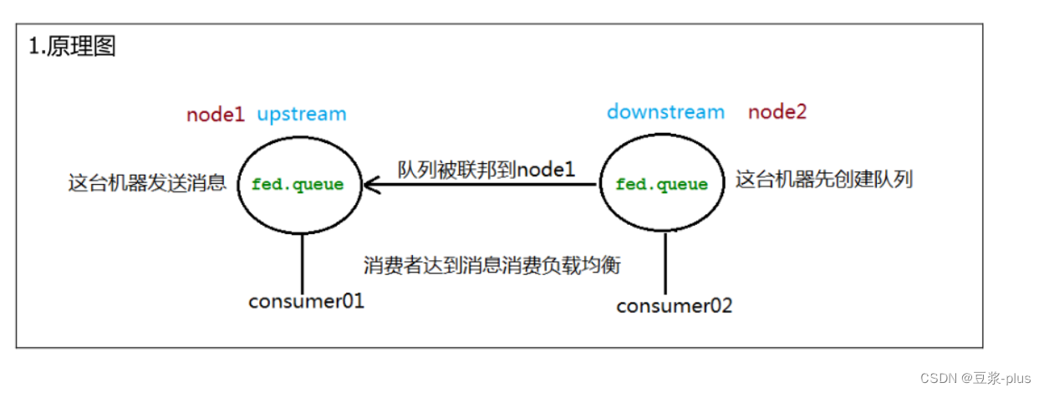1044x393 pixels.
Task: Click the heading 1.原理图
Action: click(73, 47)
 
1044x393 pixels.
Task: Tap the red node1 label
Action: click(215, 114)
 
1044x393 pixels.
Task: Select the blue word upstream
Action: click(301, 114)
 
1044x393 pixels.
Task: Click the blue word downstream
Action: click(665, 112)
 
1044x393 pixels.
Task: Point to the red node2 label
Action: click(777, 112)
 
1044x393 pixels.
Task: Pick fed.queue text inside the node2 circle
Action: click(662, 184)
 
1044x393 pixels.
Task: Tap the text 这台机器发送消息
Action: click(147, 183)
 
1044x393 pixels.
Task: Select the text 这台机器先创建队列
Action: click(823, 179)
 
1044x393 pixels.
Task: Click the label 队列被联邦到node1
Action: click(486, 169)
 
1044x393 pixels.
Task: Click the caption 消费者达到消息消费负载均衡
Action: click(492, 265)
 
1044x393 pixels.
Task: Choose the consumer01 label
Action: click(306, 301)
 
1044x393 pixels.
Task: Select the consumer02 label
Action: click(674, 306)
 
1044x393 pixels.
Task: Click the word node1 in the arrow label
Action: click(546, 169)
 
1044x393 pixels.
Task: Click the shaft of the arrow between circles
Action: click(485, 184)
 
